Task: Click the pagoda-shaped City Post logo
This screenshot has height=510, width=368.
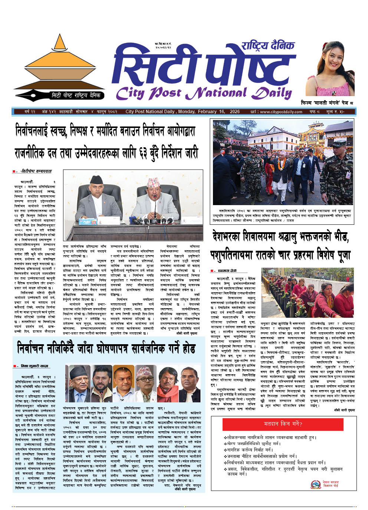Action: click(60, 69)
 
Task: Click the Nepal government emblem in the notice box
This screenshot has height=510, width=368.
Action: click(315, 484)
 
